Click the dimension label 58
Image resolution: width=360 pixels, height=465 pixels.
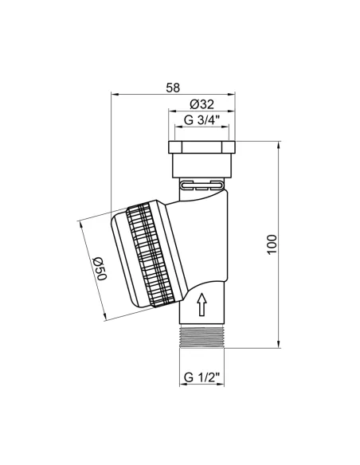click(x=173, y=88)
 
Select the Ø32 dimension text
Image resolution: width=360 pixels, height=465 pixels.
click(x=202, y=104)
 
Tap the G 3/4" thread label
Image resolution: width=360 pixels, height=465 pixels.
click(x=202, y=120)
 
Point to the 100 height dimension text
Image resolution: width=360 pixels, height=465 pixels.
click(x=272, y=244)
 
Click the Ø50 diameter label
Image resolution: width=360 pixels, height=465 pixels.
click(x=100, y=268)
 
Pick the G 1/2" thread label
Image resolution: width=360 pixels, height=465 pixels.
click(x=202, y=377)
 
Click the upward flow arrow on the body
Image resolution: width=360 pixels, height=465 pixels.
click(x=202, y=304)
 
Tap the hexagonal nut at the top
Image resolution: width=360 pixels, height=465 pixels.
click(x=202, y=147)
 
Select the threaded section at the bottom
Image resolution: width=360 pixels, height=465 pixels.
click(x=202, y=337)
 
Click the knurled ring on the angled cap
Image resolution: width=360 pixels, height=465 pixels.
click(x=150, y=255)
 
